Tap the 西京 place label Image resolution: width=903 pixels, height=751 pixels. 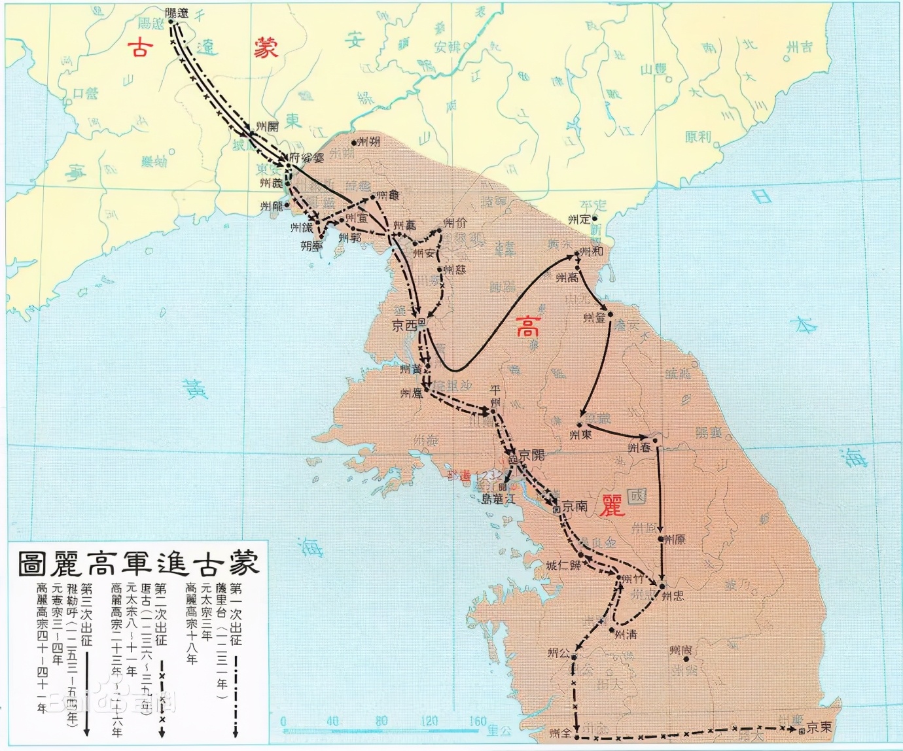point(404,325)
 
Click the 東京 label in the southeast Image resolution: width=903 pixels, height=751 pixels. point(819,727)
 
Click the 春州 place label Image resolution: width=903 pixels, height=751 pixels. point(639,447)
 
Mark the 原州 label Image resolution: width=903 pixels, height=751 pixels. point(675,540)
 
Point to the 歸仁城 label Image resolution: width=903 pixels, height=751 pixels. point(563,565)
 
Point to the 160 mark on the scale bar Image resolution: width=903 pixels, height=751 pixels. point(477,721)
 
